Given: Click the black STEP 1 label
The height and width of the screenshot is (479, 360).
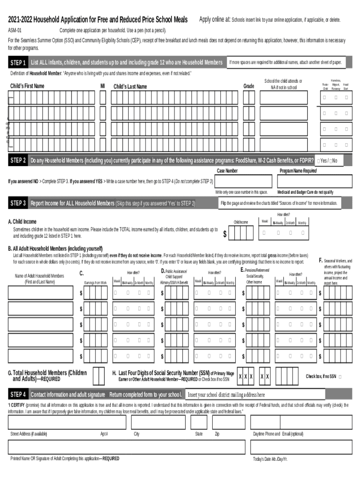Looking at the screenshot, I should [x=18, y=63].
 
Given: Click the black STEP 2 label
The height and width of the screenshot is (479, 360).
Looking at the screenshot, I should [x=18, y=160].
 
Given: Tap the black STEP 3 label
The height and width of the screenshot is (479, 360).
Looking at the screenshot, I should [x=18, y=203].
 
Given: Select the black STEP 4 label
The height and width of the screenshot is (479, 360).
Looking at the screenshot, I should [x=18, y=394].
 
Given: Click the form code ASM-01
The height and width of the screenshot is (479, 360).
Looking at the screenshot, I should [x=14, y=30].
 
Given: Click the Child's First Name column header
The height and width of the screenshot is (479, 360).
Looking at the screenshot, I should [x=27, y=86].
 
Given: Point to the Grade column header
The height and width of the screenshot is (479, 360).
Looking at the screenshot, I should [x=249, y=87].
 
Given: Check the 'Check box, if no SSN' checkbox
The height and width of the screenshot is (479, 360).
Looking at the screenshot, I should [x=339, y=377].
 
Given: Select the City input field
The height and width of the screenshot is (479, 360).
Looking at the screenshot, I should [x=158, y=422].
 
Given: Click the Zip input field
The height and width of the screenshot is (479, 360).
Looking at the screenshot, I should [x=229, y=422].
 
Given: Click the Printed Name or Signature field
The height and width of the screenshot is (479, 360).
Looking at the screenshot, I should [x=126, y=447].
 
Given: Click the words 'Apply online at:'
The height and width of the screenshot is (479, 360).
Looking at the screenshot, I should [x=215, y=20].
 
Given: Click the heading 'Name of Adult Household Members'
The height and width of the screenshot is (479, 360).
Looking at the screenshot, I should [x=40, y=276].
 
